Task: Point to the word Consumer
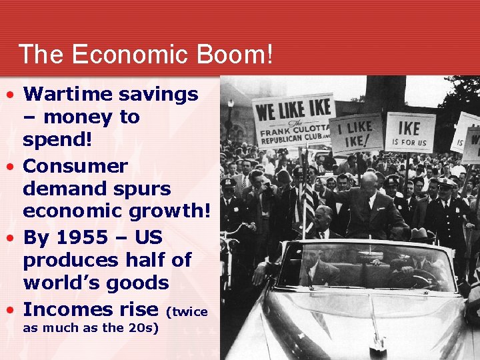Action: tap(75, 165)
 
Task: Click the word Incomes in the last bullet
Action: tap(67, 309)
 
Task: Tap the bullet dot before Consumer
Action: tap(9, 165)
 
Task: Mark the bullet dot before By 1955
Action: tap(9, 237)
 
